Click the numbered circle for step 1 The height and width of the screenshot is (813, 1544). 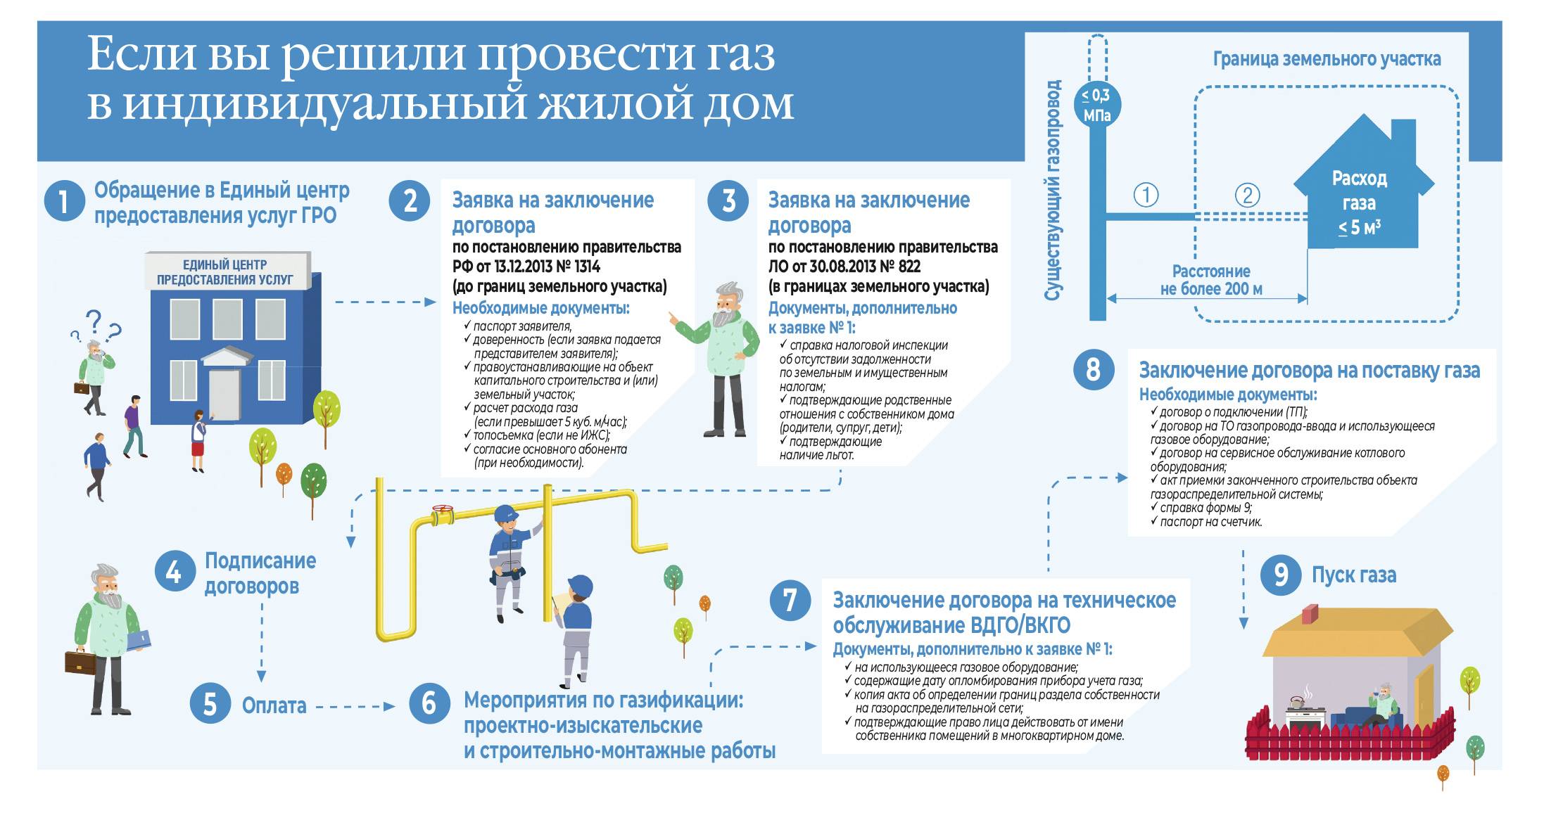(64, 202)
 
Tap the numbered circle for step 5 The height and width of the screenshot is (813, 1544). (210, 703)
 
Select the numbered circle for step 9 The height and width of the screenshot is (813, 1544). (1281, 574)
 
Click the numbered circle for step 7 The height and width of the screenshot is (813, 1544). (790, 600)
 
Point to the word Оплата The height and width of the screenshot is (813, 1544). (274, 705)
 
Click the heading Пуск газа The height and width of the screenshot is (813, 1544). (1354, 575)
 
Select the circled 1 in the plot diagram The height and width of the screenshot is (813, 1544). (1146, 195)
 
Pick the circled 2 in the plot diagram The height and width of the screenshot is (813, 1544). (1248, 195)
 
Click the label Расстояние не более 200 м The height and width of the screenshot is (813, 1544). (1211, 280)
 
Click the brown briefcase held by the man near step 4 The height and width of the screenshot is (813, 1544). (81, 661)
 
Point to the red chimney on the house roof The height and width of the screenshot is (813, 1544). (1310, 614)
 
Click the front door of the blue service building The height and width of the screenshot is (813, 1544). (224, 395)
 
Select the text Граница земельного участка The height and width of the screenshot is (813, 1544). (1327, 59)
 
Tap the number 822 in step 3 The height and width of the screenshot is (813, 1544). (909, 267)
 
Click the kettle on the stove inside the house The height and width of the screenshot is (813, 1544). (1297, 701)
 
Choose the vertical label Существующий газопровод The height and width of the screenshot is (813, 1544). (1053, 190)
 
